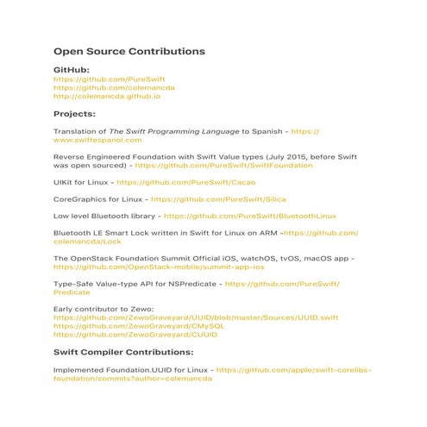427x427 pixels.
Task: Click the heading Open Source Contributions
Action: pos(129,52)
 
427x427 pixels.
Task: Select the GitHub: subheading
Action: pos(72,68)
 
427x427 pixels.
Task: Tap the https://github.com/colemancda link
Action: pos(114,87)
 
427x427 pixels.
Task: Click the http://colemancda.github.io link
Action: pos(107,97)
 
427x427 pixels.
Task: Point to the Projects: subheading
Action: pos(74,113)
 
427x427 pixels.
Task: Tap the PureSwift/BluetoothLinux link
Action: pos(249,216)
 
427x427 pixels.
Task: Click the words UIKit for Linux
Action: pos(83,183)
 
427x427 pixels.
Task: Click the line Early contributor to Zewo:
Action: pos(97,308)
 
